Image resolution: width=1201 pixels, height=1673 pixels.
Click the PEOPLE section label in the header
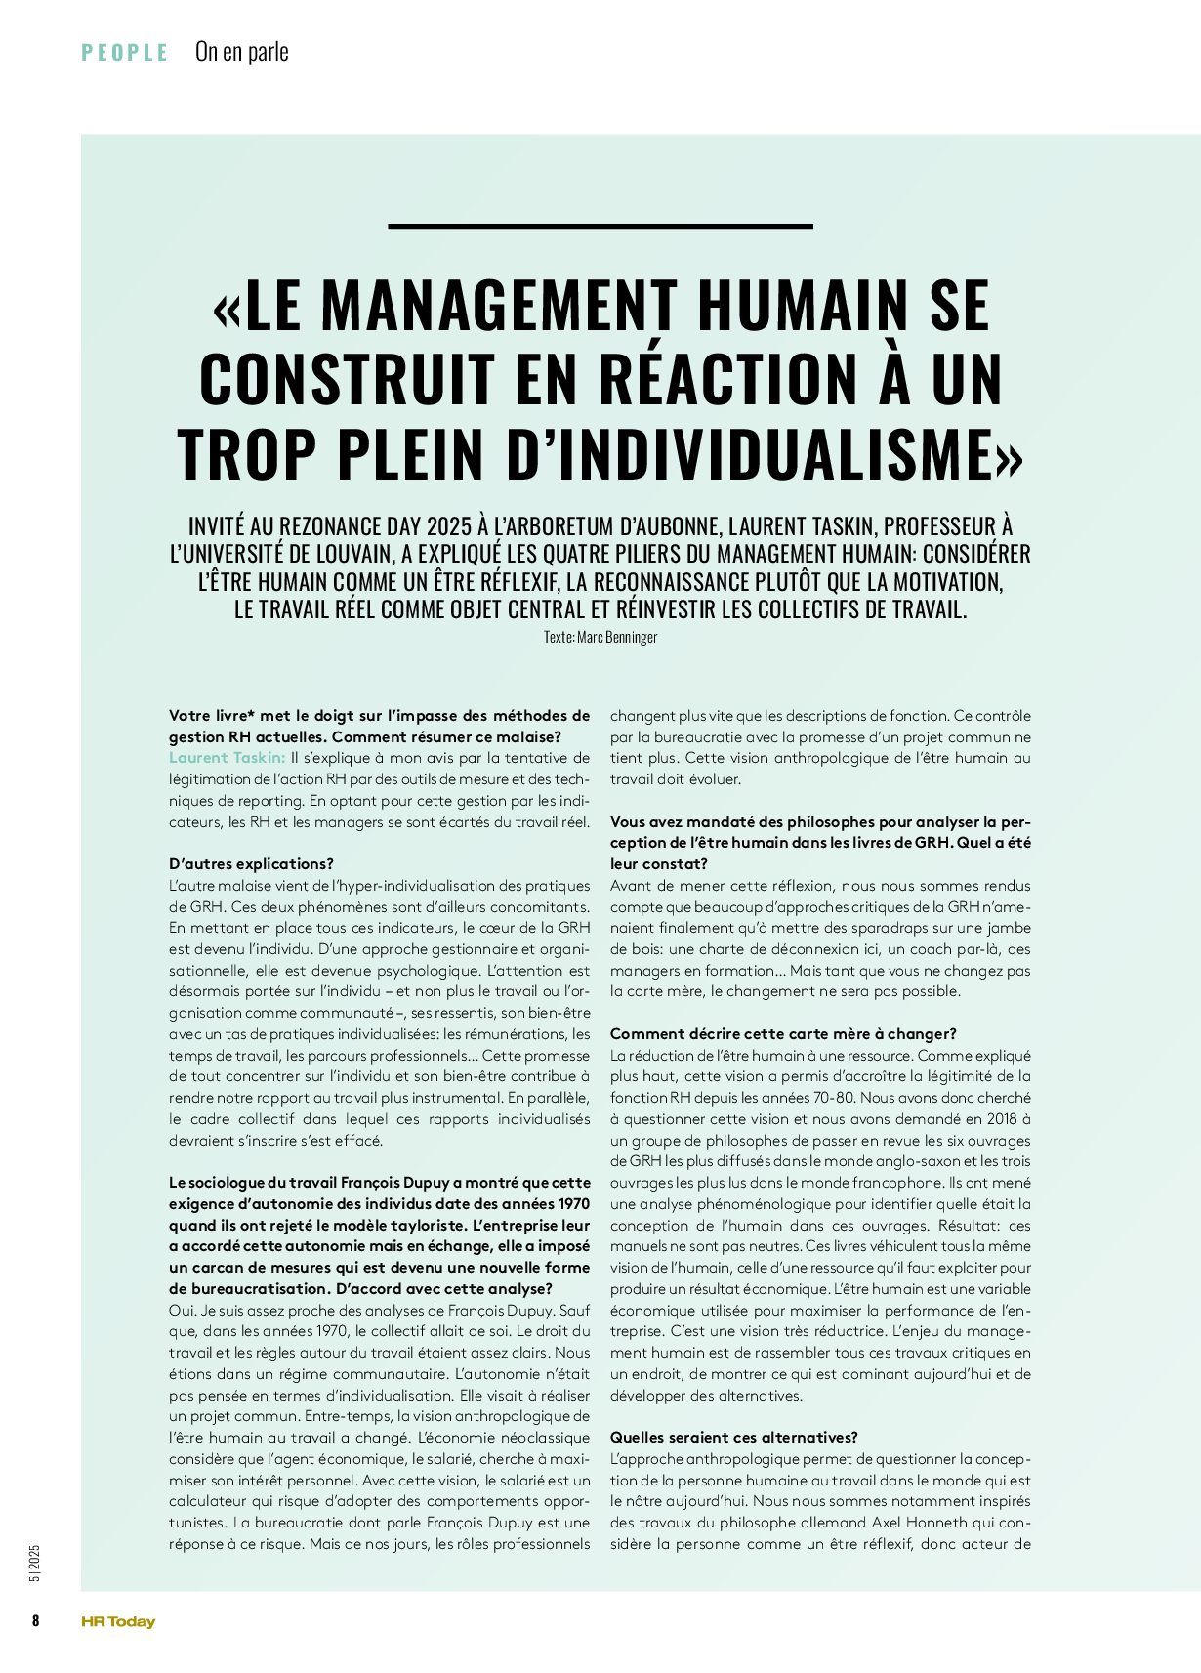(x=125, y=53)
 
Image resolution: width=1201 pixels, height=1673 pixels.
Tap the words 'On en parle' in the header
(x=242, y=52)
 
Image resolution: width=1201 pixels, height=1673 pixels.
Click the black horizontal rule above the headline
(x=600, y=226)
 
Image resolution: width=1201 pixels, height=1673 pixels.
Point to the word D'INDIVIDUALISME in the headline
(x=764, y=453)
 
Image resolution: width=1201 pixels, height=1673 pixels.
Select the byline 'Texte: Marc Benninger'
(x=600, y=637)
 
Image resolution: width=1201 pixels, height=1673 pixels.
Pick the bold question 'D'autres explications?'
(x=251, y=864)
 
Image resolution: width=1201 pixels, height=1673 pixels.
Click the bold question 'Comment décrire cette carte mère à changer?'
(x=783, y=1034)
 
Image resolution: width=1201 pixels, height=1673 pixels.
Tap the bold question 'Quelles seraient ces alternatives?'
(x=734, y=1438)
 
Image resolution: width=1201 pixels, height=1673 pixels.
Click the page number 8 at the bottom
(x=36, y=1621)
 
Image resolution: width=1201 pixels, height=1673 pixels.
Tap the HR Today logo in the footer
(x=118, y=1621)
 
